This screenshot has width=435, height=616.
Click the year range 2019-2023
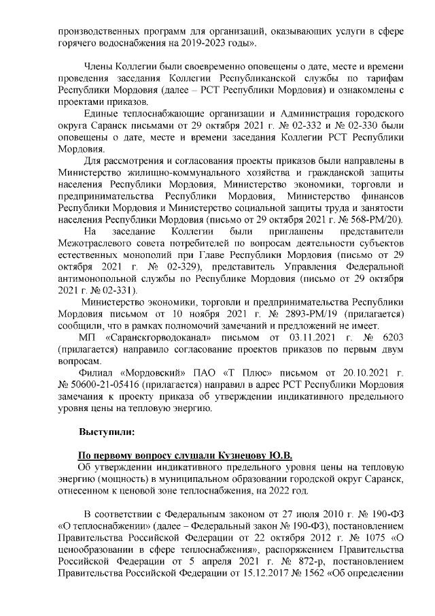[x=215, y=43]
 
